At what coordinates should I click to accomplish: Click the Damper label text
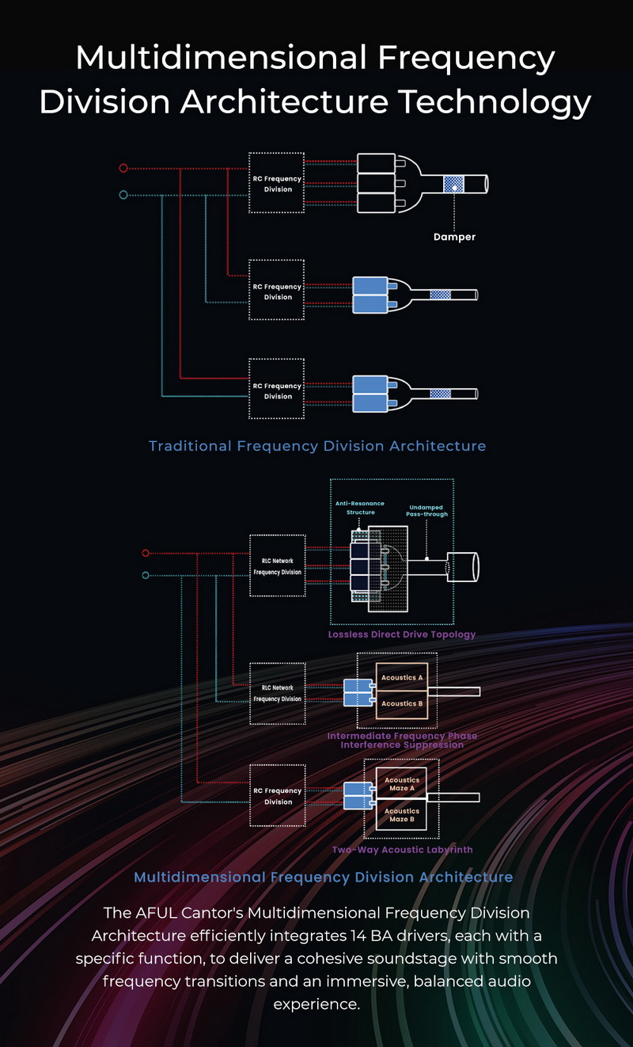pyautogui.click(x=454, y=237)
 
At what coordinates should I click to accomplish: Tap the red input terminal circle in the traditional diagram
pyautogui.click(x=123, y=168)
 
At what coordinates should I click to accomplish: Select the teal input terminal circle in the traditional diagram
pyautogui.click(x=123, y=195)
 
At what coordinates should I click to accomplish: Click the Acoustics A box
pyautogui.click(x=402, y=678)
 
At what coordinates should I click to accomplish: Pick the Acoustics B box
pyautogui.click(x=402, y=703)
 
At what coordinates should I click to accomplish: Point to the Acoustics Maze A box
pyautogui.click(x=402, y=784)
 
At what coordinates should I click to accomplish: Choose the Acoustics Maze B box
pyautogui.click(x=402, y=815)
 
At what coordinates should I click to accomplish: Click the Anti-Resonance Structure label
pyautogui.click(x=360, y=508)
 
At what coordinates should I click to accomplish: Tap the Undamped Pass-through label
pyautogui.click(x=428, y=511)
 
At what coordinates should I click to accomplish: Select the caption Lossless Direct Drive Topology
pyautogui.click(x=401, y=634)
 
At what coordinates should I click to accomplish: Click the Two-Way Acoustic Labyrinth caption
pyautogui.click(x=402, y=850)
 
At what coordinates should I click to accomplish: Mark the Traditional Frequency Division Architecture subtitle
pyautogui.click(x=317, y=446)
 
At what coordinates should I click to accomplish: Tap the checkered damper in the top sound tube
pyautogui.click(x=454, y=184)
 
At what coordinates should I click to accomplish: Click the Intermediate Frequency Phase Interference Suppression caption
pyautogui.click(x=402, y=741)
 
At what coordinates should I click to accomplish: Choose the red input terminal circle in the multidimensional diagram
pyautogui.click(x=145, y=553)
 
